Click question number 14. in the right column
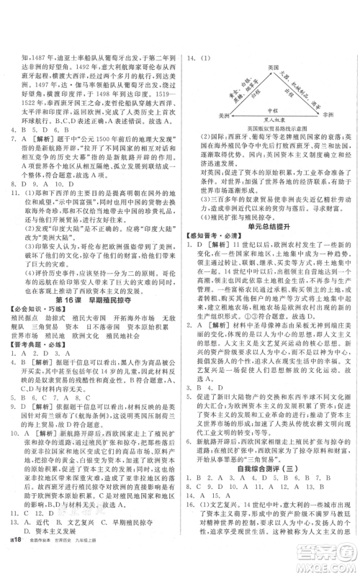193,60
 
